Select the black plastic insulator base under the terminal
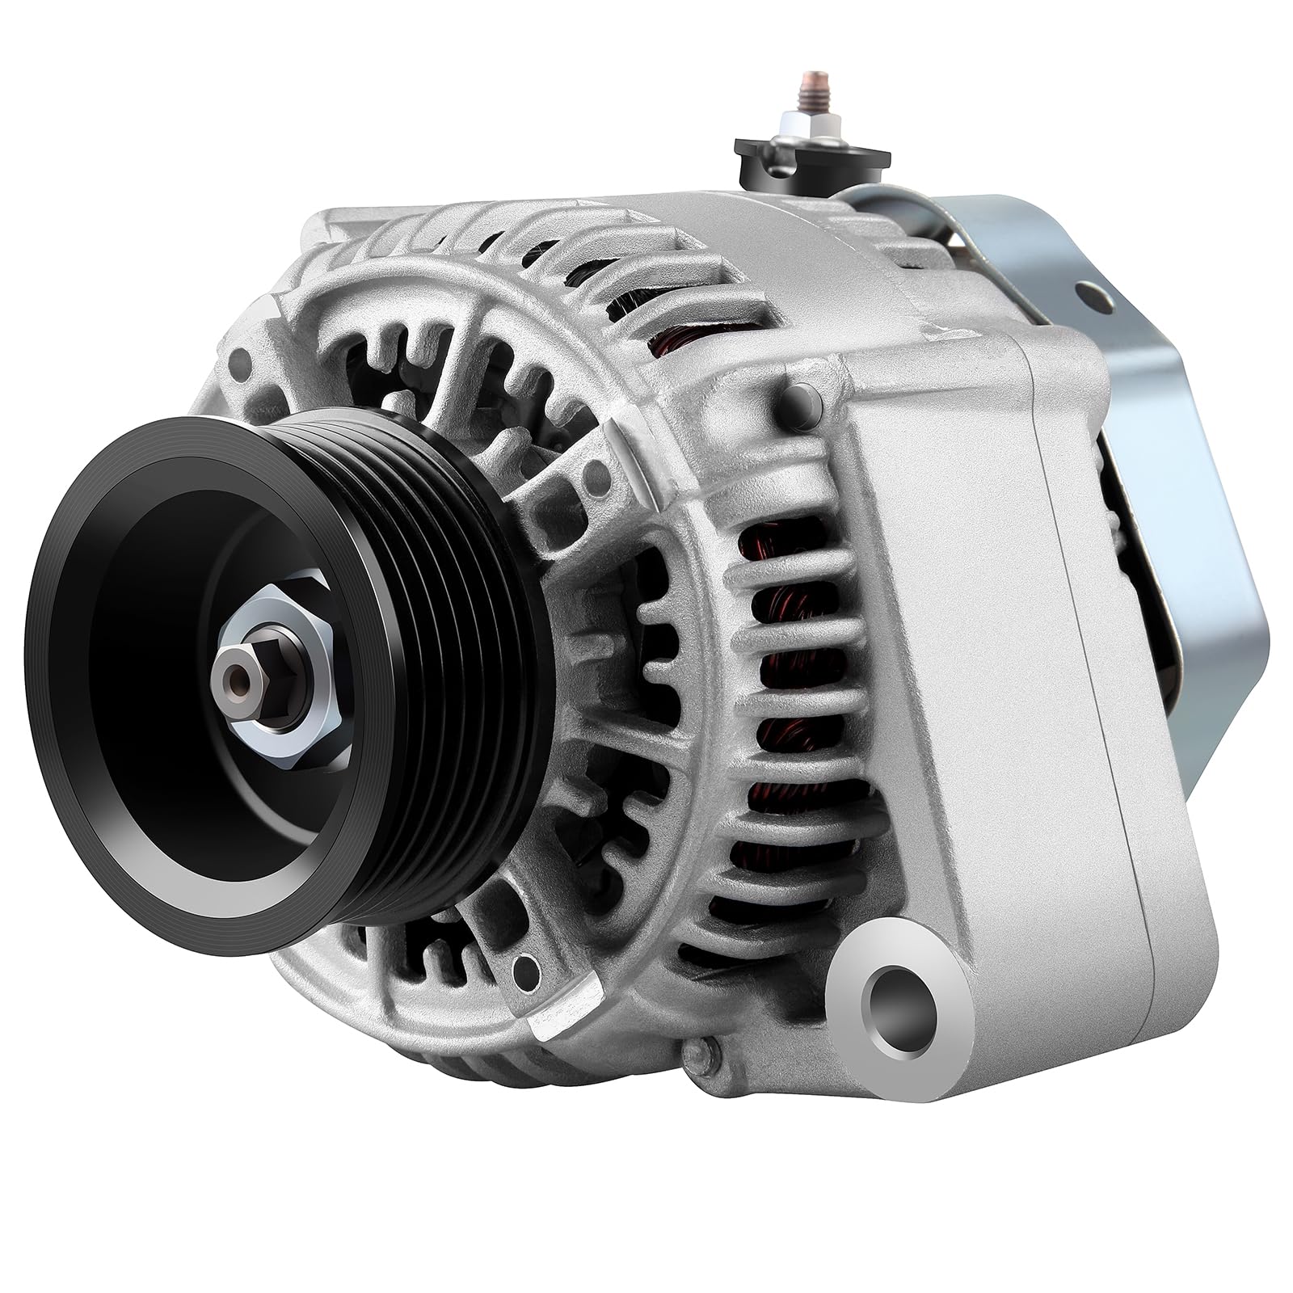click(811, 158)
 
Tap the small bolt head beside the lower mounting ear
click(696, 1051)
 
